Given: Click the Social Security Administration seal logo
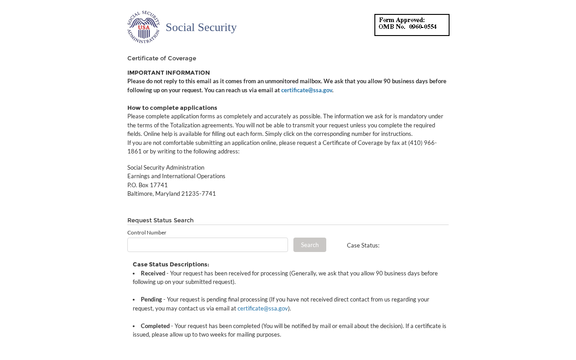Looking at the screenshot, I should [x=144, y=27].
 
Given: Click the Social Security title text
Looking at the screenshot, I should [x=201, y=27].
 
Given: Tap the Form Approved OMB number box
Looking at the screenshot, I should [x=412, y=25].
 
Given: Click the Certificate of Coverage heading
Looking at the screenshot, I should [x=162, y=58].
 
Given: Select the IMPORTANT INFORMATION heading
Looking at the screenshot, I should [x=168, y=73].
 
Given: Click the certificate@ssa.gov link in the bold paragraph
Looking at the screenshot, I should [x=306, y=90].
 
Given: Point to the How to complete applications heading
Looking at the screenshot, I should [x=172, y=108].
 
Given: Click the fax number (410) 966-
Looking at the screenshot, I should [x=422, y=143].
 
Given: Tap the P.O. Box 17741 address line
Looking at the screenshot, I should [x=148, y=185].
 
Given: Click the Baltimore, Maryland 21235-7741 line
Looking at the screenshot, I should [x=171, y=193].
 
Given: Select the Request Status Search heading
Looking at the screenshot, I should [x=160, y=220].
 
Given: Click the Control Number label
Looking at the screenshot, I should [x=147, y=233].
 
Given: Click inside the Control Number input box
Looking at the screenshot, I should [x=207, y=245].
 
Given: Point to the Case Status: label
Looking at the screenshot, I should [x=363, y=245].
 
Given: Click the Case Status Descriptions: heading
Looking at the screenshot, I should [x=171, y=265].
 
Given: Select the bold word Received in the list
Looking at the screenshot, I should [x=153, y=273].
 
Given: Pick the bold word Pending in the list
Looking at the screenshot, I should [x=151, y=299].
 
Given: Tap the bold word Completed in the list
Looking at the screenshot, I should [x=155, y=326].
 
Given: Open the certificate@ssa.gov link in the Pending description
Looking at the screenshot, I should [x=262, y=308].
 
